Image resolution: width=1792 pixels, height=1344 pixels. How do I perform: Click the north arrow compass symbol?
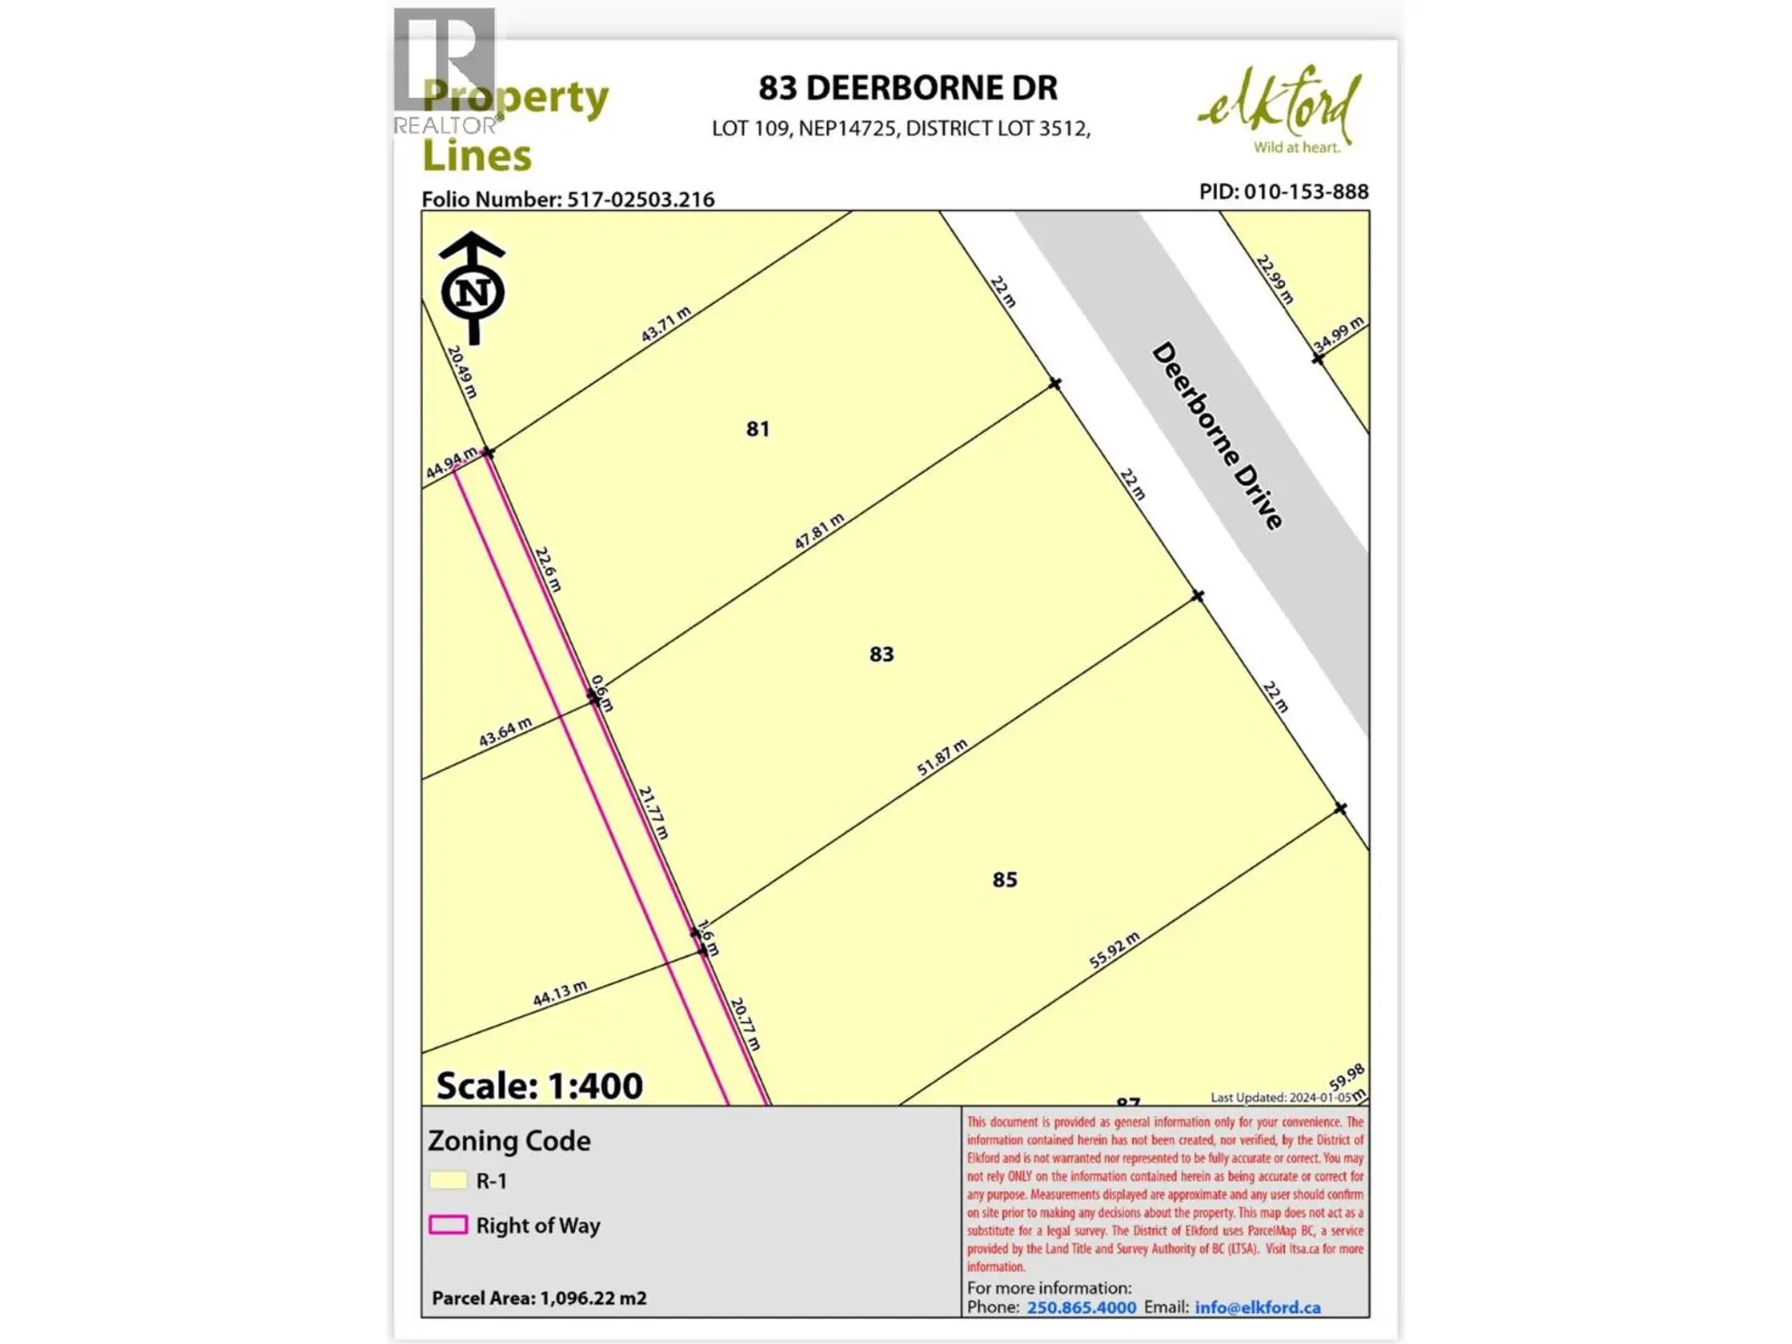(x=472, y=288)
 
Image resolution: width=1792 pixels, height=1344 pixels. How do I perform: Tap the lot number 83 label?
(x=881, y=654)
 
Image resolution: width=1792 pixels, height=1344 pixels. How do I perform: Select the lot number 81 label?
(x=757, y=429)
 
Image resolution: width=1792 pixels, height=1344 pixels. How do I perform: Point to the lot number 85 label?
(x=1004, y=880)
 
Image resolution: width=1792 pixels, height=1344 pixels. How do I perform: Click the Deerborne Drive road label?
(x=1217, y=436)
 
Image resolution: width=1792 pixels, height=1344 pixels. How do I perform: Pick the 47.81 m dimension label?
(x=819, y=531)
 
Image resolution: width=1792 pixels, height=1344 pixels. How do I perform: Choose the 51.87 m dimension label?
(x=941, y=757)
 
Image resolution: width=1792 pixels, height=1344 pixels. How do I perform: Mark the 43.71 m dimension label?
(x=665, y=324)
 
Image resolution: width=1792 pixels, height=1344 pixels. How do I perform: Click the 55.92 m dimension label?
(x=1113, y=950)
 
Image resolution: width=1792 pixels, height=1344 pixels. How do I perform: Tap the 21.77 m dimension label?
(x=653, y=812)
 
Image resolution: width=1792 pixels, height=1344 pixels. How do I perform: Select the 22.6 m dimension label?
(x=548, y=568)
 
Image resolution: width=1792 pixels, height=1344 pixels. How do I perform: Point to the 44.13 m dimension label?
(x=559, y=993)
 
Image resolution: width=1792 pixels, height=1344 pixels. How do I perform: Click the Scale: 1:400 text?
(x=539, y=1085)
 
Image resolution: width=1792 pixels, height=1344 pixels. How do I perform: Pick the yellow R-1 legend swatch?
(x=447, y=1181)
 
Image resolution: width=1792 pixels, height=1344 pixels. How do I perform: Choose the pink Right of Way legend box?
(x=447, y=1225)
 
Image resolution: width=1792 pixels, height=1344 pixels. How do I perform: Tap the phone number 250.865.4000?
(x=1081, y=1308)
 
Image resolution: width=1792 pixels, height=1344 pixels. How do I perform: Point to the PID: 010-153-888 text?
(x=1283, y=191)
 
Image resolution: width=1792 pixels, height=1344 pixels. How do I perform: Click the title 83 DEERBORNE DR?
(x=907, y=88)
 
